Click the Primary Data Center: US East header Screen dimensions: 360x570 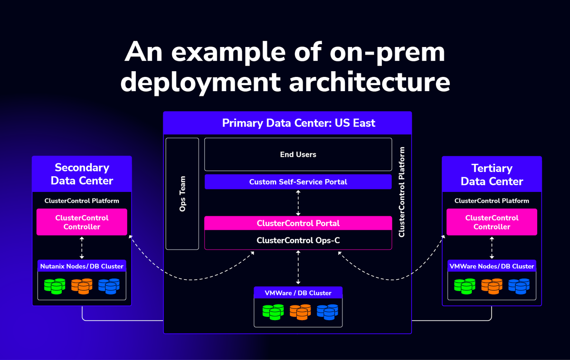click(298, 123)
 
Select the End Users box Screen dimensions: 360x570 click(298, 154)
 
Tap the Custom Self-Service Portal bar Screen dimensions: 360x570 click(298, 182)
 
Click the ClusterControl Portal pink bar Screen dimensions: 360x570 click(298, 223)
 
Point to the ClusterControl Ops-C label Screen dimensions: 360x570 click(298, 240)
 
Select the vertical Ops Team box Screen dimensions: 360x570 click(182, 194)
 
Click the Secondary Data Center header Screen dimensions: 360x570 click(82, 174)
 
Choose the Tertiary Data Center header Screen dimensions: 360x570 click(492, 174)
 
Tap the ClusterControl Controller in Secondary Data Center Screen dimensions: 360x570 click(82, 222)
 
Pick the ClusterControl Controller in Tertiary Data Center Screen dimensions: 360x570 click(492, 222)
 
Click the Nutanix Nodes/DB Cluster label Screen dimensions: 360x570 click(82, 266)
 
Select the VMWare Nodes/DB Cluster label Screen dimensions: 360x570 click(492, 266)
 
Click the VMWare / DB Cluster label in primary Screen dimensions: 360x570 click(298, 293)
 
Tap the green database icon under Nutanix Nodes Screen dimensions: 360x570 click(54, 285)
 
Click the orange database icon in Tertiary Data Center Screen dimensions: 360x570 click(492, 285)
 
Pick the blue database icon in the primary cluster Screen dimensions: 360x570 click(327, 312)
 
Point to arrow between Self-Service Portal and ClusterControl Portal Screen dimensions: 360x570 click(298, 202)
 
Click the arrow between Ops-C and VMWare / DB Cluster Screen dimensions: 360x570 click(298, 268)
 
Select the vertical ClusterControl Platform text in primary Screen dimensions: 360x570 click(402, 192)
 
